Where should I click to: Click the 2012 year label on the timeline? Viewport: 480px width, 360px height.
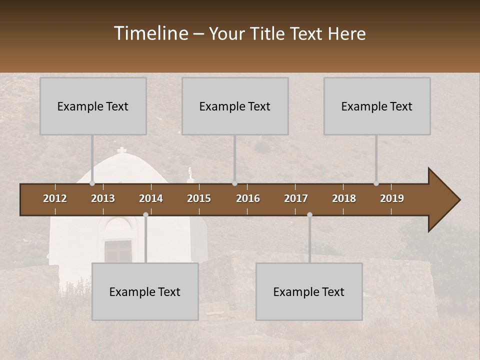tap(55, 198)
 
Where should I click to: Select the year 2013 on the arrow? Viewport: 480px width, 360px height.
tap(103, 198)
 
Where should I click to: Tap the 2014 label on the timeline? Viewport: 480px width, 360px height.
tap(151, 198)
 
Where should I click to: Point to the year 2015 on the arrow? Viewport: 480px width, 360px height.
tap(199, 198)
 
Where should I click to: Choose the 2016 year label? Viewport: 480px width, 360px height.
tap(248, 198)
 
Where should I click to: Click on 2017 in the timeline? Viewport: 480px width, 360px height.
tap(296, 198)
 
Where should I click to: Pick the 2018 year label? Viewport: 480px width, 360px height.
tap(344, 198)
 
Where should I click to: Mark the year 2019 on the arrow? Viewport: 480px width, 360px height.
tap(392, 198)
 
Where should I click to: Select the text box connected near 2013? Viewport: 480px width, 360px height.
tap(93, 106)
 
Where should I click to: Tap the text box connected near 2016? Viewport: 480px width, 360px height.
tap(235, 106)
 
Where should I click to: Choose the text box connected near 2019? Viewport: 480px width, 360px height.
tap(377, 106)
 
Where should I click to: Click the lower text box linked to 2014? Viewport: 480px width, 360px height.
tap(145, 291)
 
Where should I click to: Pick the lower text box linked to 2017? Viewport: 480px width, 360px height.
tap(309, 291)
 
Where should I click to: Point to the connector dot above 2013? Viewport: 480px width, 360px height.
tap(92, 183)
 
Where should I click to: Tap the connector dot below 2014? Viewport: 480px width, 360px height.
tap(145, 215)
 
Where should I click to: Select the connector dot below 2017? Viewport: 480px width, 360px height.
tap(309, 215)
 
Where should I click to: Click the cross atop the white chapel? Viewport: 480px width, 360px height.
tap(121, 150)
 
